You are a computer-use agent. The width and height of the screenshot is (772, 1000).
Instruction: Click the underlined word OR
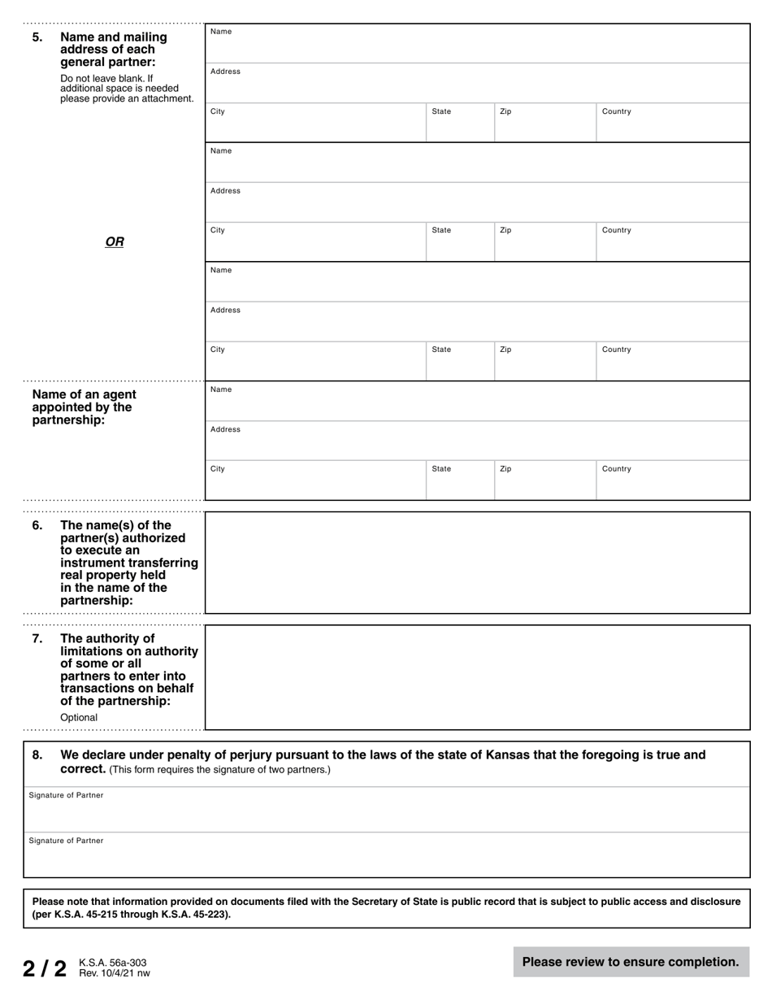click(115, 241)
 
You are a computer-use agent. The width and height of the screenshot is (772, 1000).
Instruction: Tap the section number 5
click(37, 37)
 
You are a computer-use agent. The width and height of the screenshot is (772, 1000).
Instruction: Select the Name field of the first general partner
click(477, 46)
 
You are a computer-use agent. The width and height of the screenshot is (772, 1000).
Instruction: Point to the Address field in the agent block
click(477, 442)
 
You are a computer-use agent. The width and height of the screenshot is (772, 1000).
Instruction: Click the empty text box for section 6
click(477, 563)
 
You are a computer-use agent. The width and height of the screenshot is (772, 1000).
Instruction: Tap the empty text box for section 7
click(477, 677)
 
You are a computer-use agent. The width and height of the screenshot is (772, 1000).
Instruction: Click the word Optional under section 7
click(79, 718)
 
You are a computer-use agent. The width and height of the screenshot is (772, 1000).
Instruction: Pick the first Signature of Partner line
click(386, 812)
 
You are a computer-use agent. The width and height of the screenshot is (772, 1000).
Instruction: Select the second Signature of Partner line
click(386, 858)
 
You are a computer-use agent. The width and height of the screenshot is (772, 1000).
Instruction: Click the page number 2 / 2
click(44, 968)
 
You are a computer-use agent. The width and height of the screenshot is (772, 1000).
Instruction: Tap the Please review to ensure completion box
click(631, 962)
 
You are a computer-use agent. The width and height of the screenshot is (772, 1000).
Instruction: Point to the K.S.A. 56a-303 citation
click(112, 963)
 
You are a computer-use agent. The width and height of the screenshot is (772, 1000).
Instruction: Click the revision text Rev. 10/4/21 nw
click(114, 973)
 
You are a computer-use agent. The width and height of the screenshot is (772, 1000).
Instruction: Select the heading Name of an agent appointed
click(84, 407)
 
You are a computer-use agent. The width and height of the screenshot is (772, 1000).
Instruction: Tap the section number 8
click(37, 754)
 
